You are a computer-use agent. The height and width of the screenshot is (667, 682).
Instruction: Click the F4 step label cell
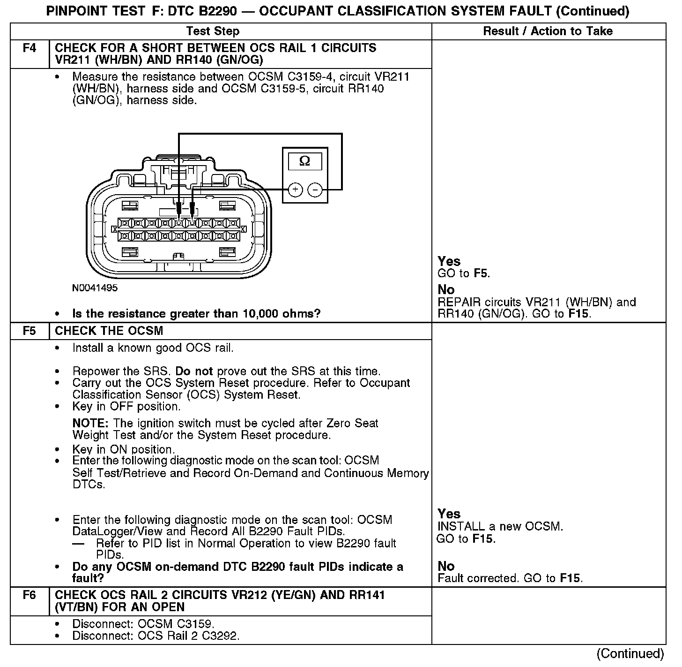coord(29,48)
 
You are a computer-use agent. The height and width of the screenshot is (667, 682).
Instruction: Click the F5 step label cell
coord(29,331)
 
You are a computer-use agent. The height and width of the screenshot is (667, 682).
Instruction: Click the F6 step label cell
coord(29,595)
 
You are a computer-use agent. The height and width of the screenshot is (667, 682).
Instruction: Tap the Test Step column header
coord(213,31)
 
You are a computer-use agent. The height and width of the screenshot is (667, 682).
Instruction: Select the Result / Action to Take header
coord(548,31)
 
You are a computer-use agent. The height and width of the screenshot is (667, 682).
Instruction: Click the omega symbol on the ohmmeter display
coord(304,161)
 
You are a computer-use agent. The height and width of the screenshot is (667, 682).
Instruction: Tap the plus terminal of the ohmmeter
coord(295,189)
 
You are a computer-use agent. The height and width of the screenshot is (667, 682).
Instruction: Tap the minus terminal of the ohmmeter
coord(316,189)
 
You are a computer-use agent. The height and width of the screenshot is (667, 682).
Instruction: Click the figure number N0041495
coord(95,288)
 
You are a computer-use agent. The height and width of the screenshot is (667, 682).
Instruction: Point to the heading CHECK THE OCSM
coord(109,331)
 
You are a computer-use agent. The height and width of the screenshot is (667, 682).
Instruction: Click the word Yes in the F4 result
coord(449,261)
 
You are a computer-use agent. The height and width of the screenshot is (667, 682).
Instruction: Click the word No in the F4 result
coord(446,290)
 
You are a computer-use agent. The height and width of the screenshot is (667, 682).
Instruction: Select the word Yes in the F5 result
coord(449,514)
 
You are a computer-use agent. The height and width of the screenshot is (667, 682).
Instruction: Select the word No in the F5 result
coord(446,566)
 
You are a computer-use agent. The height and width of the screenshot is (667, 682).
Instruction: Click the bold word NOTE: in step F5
coord(91,424)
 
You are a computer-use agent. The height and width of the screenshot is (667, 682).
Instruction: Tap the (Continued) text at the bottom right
coord(630,653)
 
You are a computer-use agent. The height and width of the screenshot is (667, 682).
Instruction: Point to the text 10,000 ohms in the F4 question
coord(281,314)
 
